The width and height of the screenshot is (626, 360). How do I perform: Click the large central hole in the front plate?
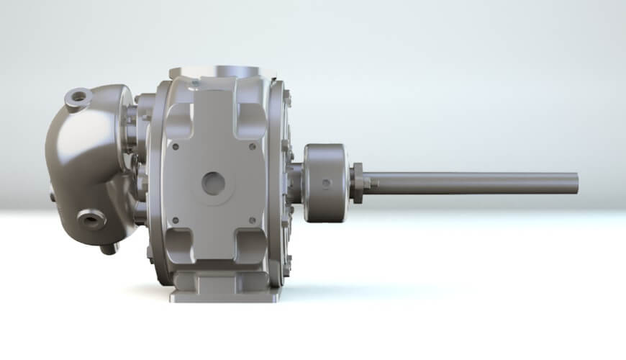214,183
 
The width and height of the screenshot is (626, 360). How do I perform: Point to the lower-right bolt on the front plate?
253,220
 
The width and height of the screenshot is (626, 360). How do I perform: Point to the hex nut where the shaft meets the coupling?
357,183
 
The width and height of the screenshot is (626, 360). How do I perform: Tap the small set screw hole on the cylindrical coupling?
326,184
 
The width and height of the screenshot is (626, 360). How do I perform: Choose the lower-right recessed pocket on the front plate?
249,245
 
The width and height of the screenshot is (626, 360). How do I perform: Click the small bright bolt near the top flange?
194,84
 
